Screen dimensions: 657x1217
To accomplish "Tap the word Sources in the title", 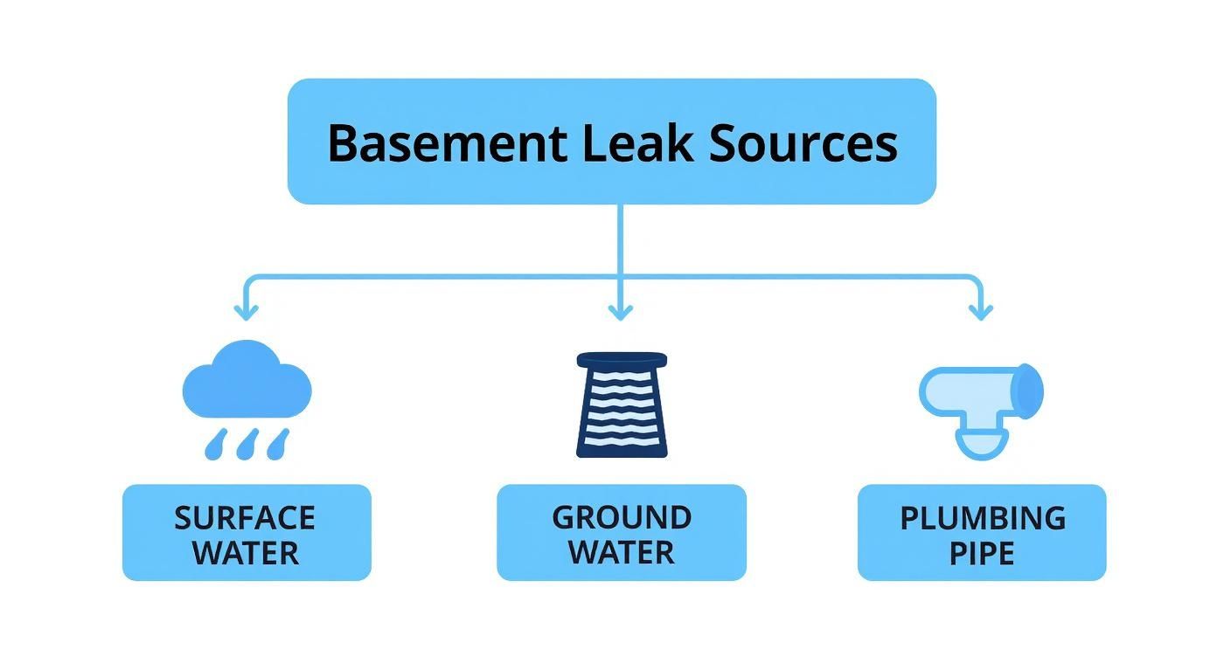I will [x=803, y=143].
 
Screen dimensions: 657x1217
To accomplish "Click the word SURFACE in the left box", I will [x=245, y=518].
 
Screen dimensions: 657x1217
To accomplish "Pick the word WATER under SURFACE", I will [x=246, y=553].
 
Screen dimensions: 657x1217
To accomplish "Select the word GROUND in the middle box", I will [x=622, y=517].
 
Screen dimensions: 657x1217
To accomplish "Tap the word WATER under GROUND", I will [x=622, y=553].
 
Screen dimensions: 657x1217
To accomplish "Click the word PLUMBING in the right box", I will [x=983, y=518].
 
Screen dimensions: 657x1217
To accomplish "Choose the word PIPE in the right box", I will [x=982, y=553].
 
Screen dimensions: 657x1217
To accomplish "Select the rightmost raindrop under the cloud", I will [x=278, y=443].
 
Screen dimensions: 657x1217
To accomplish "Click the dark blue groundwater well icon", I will [x=622, y=405].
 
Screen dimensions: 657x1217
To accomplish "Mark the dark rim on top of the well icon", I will [x=622, y=359].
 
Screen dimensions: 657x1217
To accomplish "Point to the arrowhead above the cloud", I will [x=246, y=310].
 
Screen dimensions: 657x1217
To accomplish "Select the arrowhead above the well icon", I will [x=620, y=310].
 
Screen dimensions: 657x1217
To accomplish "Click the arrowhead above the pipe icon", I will [x=981, y=310].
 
